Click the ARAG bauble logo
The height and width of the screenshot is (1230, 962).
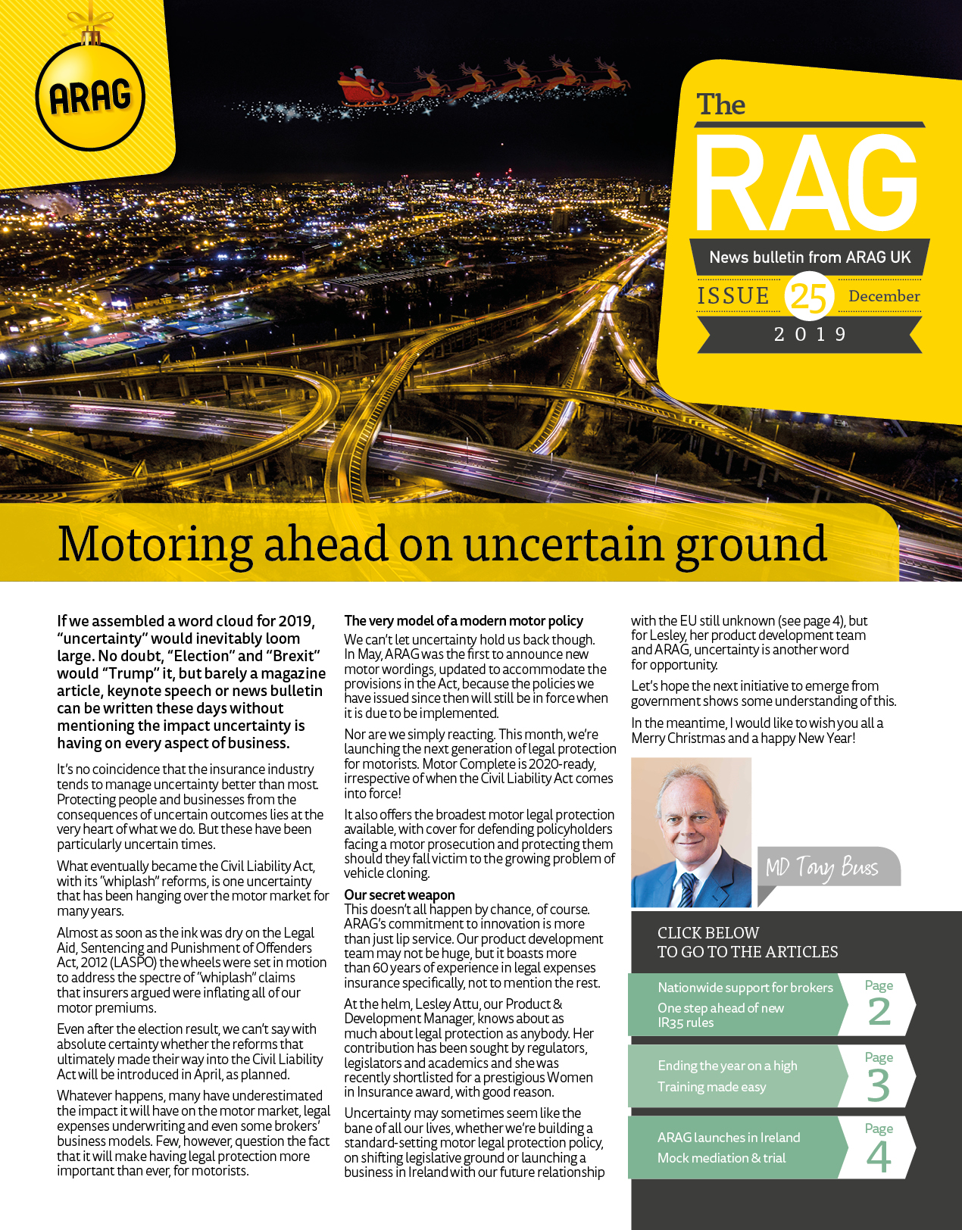pyautogui.click(x=90, y=96)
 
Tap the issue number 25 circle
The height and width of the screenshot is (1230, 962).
pyautogui.click(x=809, y=295)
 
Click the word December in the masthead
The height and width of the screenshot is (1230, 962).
pyautogui.click(x=884, y=296)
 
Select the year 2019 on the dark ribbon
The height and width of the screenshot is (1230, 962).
pyautogui.click(x=810, y=334)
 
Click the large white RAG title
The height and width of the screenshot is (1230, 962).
pyautogui.click(x=807, y=184)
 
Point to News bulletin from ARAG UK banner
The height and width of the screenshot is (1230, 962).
pyautogui.click(x=809, y=258)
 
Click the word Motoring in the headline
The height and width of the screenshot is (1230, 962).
pyautogui.click(x=155, y=545)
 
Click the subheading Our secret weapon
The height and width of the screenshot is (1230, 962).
pyautogui.click(x=399, y=894)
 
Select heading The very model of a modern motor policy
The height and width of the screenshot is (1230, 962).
pyautogui.click(x=464, y=620)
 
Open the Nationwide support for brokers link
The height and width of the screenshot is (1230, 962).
pyautogui.click(x=745, y=988)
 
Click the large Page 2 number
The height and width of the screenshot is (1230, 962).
pyautogui.click(x=879, y=1011)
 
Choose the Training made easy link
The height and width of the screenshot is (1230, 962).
pyautogui.click(x=711, y=1087)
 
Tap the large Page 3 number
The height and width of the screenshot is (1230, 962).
pyautogui.click(x=879, y=1084)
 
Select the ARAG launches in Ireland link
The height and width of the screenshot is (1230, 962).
pyautogui.click(x=728, y=1137)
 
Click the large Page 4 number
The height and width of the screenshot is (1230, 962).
pyautogui.click(x=879, y=1156)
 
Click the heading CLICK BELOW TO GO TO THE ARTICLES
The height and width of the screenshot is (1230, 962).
pyautogui.click(x=747, y=942)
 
